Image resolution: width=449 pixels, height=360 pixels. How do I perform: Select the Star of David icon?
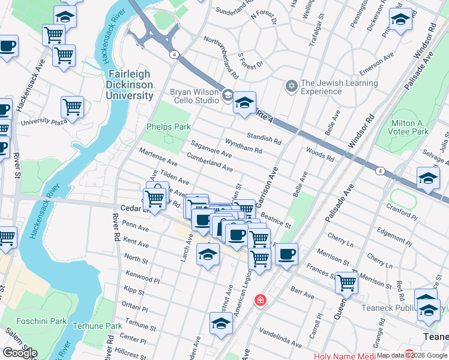[x=292, y=87]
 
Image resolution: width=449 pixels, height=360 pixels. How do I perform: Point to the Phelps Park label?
[x=169, y=127]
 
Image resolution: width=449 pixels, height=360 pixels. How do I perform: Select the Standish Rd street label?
[x=265, y=139]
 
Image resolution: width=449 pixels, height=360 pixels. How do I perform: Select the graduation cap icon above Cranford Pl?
[x=428, y=178]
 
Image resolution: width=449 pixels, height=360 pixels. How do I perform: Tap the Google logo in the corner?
[x=20, y=353]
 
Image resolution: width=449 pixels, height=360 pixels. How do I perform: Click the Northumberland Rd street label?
[x=221, y=58]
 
